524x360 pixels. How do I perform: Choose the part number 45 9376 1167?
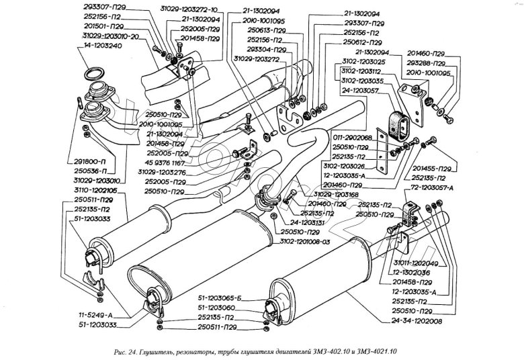point(165,162)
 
